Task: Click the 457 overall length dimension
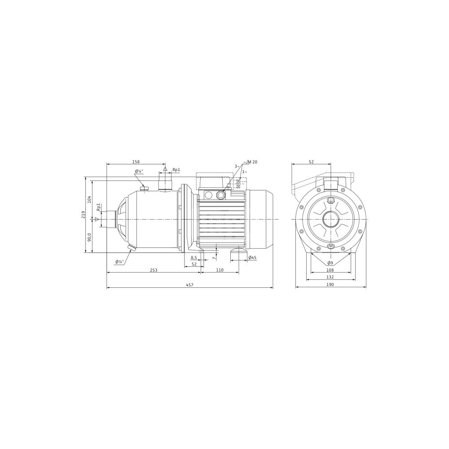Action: click(190, 285)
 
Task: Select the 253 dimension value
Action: click(154, 270)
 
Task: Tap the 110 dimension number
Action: click(220, 270)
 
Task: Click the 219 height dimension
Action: click(84, 215)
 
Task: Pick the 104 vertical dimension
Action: click(89, 199)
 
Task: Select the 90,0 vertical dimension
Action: click(89, 238)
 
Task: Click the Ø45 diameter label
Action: click(252, 258)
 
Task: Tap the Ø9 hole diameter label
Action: click(330, 263)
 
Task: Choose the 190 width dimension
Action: click(330, 285)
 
